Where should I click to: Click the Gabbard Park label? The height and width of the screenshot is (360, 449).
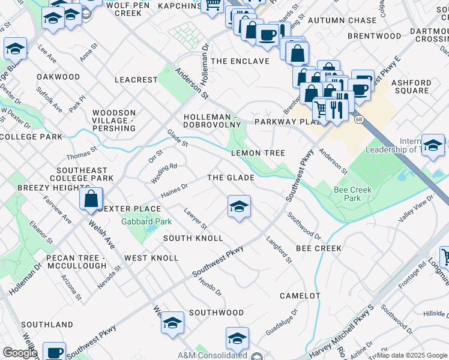tap(147, 221)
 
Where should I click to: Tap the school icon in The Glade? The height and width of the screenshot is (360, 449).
tap(239, 207)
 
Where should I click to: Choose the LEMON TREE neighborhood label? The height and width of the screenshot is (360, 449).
tap(258, 153)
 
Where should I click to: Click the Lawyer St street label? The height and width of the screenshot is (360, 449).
tap(196, 218)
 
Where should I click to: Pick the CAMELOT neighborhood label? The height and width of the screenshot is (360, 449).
tap(300, 296)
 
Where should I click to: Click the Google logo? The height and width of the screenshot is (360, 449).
tap(19, 353)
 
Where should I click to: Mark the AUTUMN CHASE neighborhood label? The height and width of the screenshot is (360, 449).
tap(342, 20)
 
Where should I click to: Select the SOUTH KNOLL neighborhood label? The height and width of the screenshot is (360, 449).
tap(193, 238)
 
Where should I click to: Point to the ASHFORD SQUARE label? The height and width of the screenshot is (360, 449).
tap(411, 87)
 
